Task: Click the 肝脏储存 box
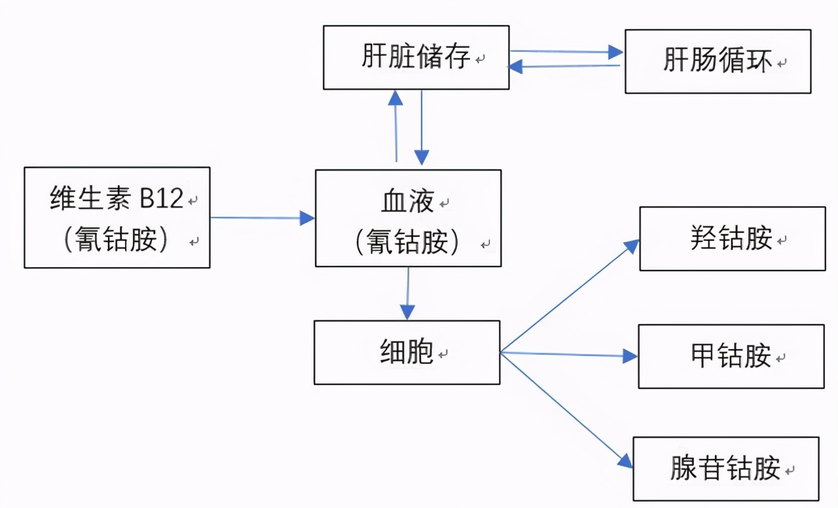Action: coord(416,58)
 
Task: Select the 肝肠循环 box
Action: coord(718,62)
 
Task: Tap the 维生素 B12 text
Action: coord(117,198)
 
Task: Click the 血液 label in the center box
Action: coord(408,202)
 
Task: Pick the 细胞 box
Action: coord(407,352)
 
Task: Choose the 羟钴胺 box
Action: coord(731,238)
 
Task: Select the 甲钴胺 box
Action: coord(731,356)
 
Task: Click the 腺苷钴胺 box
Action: coord(725,469)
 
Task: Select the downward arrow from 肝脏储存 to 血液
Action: coord(422,128)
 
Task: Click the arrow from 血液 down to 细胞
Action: coord(408,293)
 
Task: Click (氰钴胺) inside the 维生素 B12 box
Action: coord(117,240)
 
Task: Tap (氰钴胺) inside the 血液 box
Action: coord(408,242)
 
